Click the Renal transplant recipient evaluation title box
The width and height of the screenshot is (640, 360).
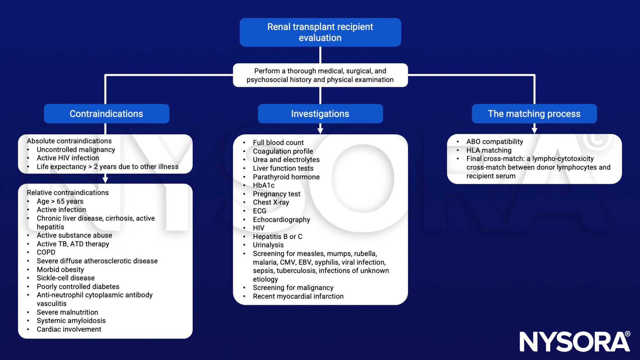pos(320,32)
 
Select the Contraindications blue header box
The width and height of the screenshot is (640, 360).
pos(106,114)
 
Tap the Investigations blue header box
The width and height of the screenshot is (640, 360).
pos(320,114)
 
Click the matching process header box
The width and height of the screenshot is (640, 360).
pos(534,114)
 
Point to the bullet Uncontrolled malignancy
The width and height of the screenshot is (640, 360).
pos(76,150)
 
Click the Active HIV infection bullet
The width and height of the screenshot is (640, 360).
pos(68,158)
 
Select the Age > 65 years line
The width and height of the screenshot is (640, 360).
pos(60,201)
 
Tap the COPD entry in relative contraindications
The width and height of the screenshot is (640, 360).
pos(46,252)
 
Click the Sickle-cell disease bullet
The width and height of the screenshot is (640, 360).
pos(66,278)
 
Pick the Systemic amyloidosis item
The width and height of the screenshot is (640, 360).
pos(71,321)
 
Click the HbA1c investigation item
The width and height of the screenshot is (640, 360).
pos(263,185)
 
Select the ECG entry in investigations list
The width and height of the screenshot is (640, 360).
pos(260,211)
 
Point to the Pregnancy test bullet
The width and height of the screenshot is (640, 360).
pos(276,194)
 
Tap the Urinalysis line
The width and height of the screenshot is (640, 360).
pos(268,245)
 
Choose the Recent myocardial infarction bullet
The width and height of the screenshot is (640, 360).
pos(298,296)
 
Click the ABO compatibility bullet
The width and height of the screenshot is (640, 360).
pos(494,142)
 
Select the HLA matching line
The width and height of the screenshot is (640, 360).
pos(489,150)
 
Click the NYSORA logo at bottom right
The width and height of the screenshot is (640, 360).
pos(575,341)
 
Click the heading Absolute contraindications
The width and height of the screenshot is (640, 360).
pos(69,141)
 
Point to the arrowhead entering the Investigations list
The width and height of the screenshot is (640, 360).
pos(320,131)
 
